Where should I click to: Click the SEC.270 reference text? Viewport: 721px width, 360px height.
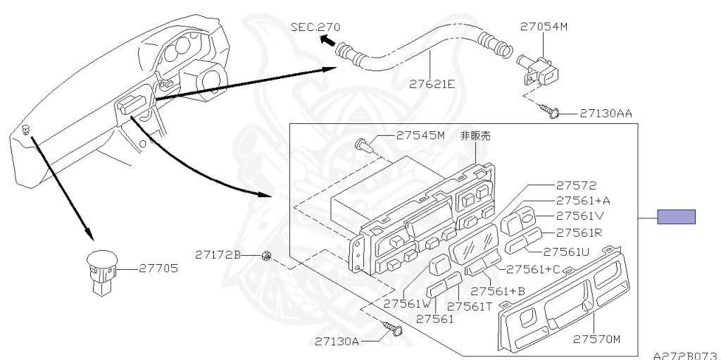315,27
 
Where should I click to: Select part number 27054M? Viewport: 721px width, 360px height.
544,27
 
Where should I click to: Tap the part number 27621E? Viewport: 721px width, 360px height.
432,84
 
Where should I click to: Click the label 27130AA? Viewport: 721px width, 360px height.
606,113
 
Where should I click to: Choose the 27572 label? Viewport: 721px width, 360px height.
575,186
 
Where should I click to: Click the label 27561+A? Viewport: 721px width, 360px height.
582,201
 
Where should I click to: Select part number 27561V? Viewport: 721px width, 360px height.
580,216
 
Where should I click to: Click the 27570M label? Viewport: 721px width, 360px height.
596,340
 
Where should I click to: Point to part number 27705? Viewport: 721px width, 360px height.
158,268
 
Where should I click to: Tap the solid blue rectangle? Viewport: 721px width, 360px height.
676,217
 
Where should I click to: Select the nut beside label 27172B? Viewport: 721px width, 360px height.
266,254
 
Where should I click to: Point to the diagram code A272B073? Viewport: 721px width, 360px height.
684,356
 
